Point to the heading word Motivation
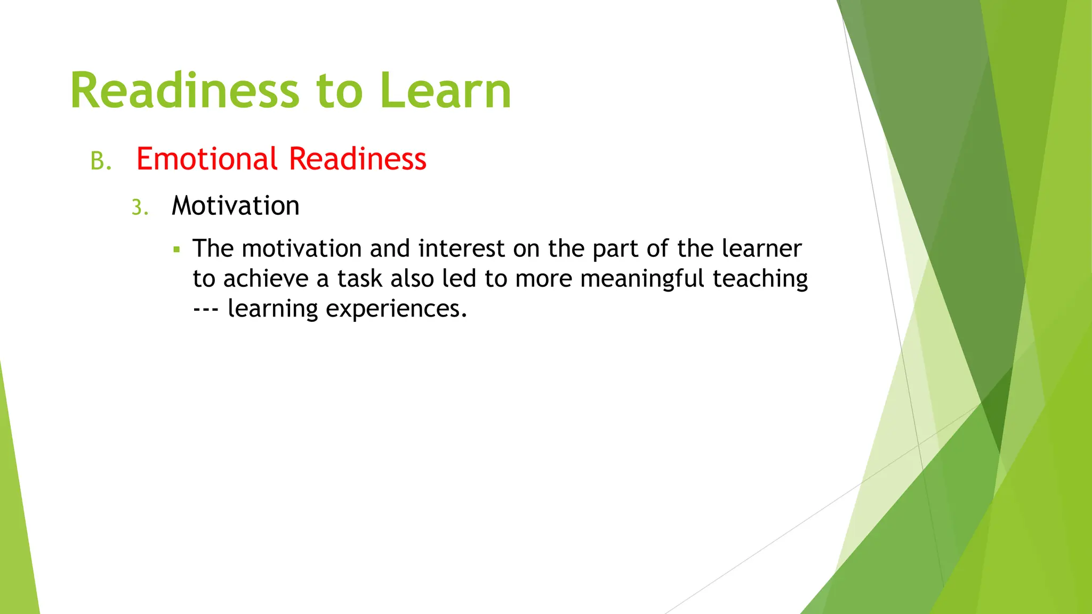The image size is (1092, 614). pos(235,206)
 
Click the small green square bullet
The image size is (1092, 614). pos(177,249)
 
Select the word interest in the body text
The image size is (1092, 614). pos(461,249)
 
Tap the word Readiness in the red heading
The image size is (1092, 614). pos(357,159)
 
